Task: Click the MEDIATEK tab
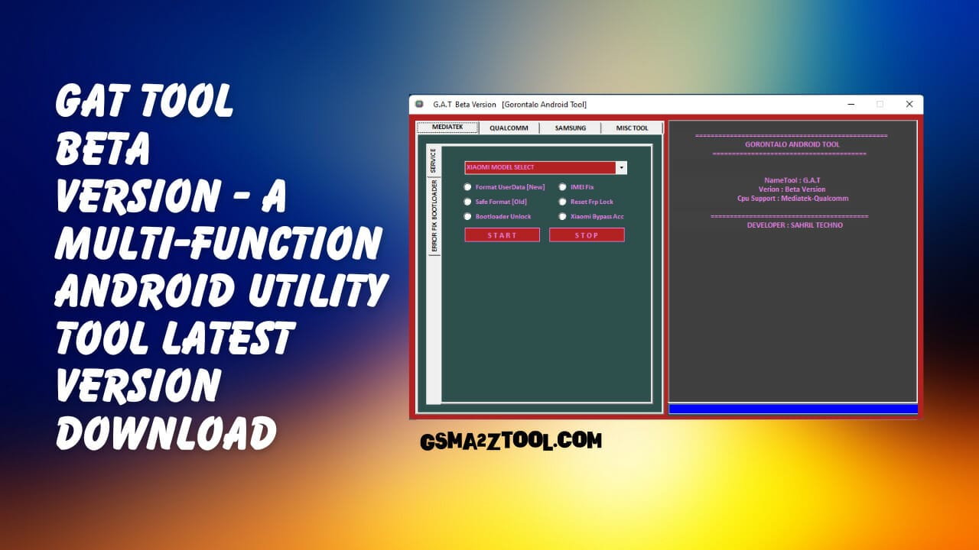(447, 127)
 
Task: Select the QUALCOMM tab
(509, 128)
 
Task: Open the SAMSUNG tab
(571, 128)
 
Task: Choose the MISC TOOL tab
(632, 128)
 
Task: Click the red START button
(502, 235)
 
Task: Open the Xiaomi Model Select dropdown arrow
(621, 167)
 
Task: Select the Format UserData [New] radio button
(468, 187)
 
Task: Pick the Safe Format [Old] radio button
(468, 202)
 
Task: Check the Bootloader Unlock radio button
(468, 216)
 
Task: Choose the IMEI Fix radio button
(563, 187)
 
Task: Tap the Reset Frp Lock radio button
(563, 202)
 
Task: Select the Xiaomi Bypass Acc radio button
(563, 216)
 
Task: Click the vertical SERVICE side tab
(433, 160)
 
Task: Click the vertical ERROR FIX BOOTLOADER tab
(434, 216)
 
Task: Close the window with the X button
(909, 104)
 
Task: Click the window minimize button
(851, 104)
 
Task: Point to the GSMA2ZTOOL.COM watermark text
(511, 441)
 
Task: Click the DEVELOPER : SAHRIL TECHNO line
(795, 225)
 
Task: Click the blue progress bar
(792, 409)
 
